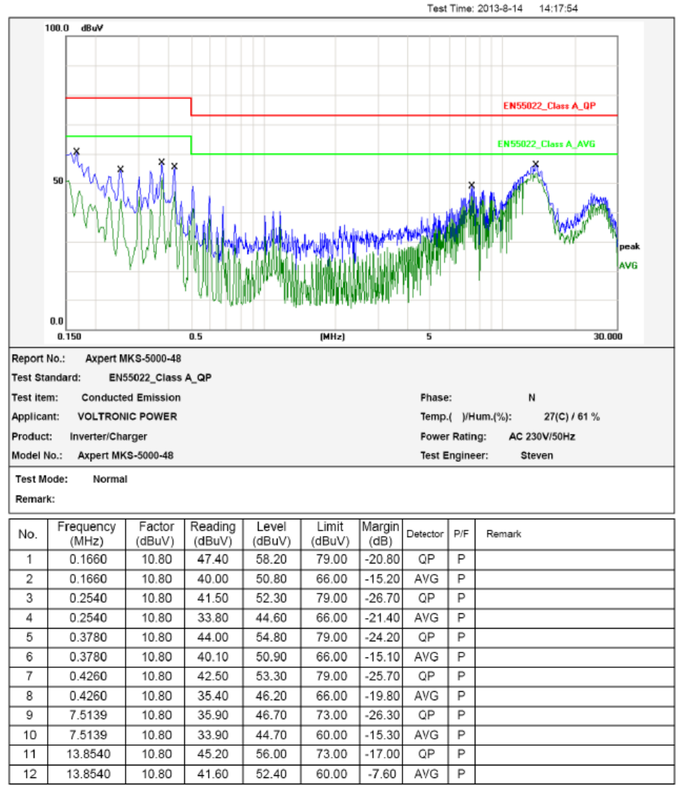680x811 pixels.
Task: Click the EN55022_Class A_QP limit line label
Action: coord(550,106)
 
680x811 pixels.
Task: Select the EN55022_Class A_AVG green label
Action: coord(546,144)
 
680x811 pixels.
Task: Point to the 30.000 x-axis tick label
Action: coord(607,336)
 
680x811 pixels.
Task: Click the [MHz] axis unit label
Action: coord(332,336)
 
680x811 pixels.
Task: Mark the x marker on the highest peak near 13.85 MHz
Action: coord(536,164)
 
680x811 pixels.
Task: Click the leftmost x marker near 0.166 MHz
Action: coord(76,151)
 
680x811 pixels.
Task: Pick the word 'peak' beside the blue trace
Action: coord(629,247)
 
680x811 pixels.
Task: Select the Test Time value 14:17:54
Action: coord(558,9)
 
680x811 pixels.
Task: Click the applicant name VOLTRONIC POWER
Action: coord(127,416)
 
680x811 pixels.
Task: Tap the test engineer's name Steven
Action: coord(536,456)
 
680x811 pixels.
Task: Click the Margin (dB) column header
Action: coord(381,533)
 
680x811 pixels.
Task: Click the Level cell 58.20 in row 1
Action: coord(271,559)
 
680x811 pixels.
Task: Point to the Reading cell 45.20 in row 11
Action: coord(213,755)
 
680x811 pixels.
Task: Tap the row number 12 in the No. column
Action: coord(29,775)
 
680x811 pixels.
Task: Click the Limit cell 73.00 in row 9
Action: coord(330,716)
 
